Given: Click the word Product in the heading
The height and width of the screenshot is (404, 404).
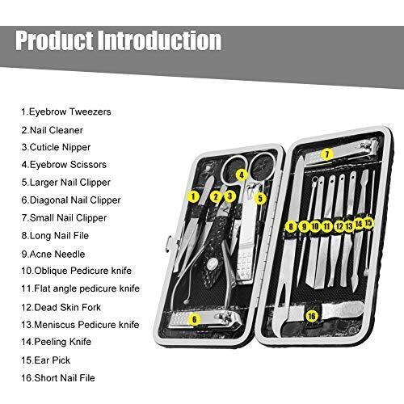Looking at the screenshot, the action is (x=54, y=40).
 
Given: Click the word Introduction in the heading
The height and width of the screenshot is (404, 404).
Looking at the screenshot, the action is (x=159, y=40).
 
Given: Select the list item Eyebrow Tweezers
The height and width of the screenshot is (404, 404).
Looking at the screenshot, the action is (x=66, y=112).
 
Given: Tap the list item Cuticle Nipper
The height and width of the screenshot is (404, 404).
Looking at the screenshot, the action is (x=56, y=147).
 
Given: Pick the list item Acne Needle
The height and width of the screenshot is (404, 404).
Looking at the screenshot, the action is (x=53, y=254).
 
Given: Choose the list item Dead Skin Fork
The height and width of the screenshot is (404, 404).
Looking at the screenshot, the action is (x=61, y=307).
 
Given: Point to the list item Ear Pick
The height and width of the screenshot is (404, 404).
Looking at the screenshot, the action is (x=46, y=360).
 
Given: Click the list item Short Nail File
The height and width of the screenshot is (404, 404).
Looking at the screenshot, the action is (x=58, y=378).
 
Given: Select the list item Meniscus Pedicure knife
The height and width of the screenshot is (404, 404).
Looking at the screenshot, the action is (x=80, y=325).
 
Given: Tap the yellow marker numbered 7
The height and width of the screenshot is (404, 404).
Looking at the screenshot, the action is (x=327, y=154).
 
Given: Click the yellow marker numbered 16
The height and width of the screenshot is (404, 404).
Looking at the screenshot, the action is (x=312, y=316).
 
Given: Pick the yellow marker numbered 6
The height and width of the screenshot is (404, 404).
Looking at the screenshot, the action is (x=195, y=320).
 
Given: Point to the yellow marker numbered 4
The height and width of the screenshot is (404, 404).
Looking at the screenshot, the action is (x=242, y=175).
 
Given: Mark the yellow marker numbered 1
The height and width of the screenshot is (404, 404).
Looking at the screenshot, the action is (x=193, y=196).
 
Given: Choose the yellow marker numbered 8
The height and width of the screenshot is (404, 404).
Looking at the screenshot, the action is (x=291, y=226).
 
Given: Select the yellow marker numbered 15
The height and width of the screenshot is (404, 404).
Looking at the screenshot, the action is (x=368, y=223).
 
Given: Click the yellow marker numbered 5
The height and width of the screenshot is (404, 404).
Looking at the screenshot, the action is (x=260, y=199).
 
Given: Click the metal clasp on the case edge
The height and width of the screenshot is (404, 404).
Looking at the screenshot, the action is (x=167, y=244).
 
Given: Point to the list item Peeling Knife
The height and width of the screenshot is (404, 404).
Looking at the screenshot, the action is (x=57, y=342).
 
